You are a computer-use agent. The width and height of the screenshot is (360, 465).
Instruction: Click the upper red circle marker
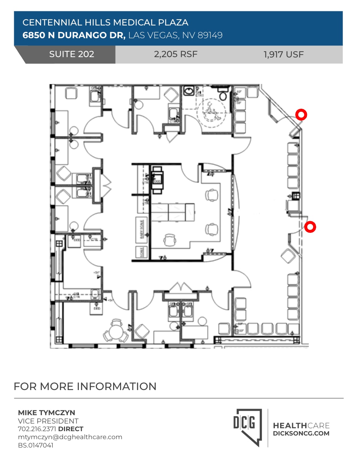[x=301, y=115]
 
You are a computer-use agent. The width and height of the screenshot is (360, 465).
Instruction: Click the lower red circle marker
[x=310, y=227]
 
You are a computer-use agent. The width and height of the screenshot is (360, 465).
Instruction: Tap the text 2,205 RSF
[x=176, y=54]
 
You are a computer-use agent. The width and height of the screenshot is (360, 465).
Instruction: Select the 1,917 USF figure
[x=284, y=55]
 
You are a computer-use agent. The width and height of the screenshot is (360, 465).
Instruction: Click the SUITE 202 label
[x=72, y=54]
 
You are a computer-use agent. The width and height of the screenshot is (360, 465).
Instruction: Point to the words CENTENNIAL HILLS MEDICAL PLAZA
[x=105, y=23]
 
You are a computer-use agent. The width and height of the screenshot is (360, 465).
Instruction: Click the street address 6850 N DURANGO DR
[x=74, y=35]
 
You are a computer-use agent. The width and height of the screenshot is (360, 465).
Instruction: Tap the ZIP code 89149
[x=210, y=35]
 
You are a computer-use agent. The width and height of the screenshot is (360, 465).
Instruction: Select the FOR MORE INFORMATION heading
[x=85, y=386]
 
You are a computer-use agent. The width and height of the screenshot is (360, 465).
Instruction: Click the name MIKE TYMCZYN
[x=47, y=413]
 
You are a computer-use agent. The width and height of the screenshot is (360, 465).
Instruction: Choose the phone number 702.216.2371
[x=37, y=429]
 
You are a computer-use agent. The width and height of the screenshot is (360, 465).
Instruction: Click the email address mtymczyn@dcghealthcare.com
[x=70, y=437]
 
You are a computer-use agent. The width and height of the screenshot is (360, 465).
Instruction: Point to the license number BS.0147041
[x=36, y=445]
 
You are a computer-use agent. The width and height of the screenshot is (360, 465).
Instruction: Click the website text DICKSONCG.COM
[x=301, y=433]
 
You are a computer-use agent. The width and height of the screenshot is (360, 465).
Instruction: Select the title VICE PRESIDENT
[x=48, y=421]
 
